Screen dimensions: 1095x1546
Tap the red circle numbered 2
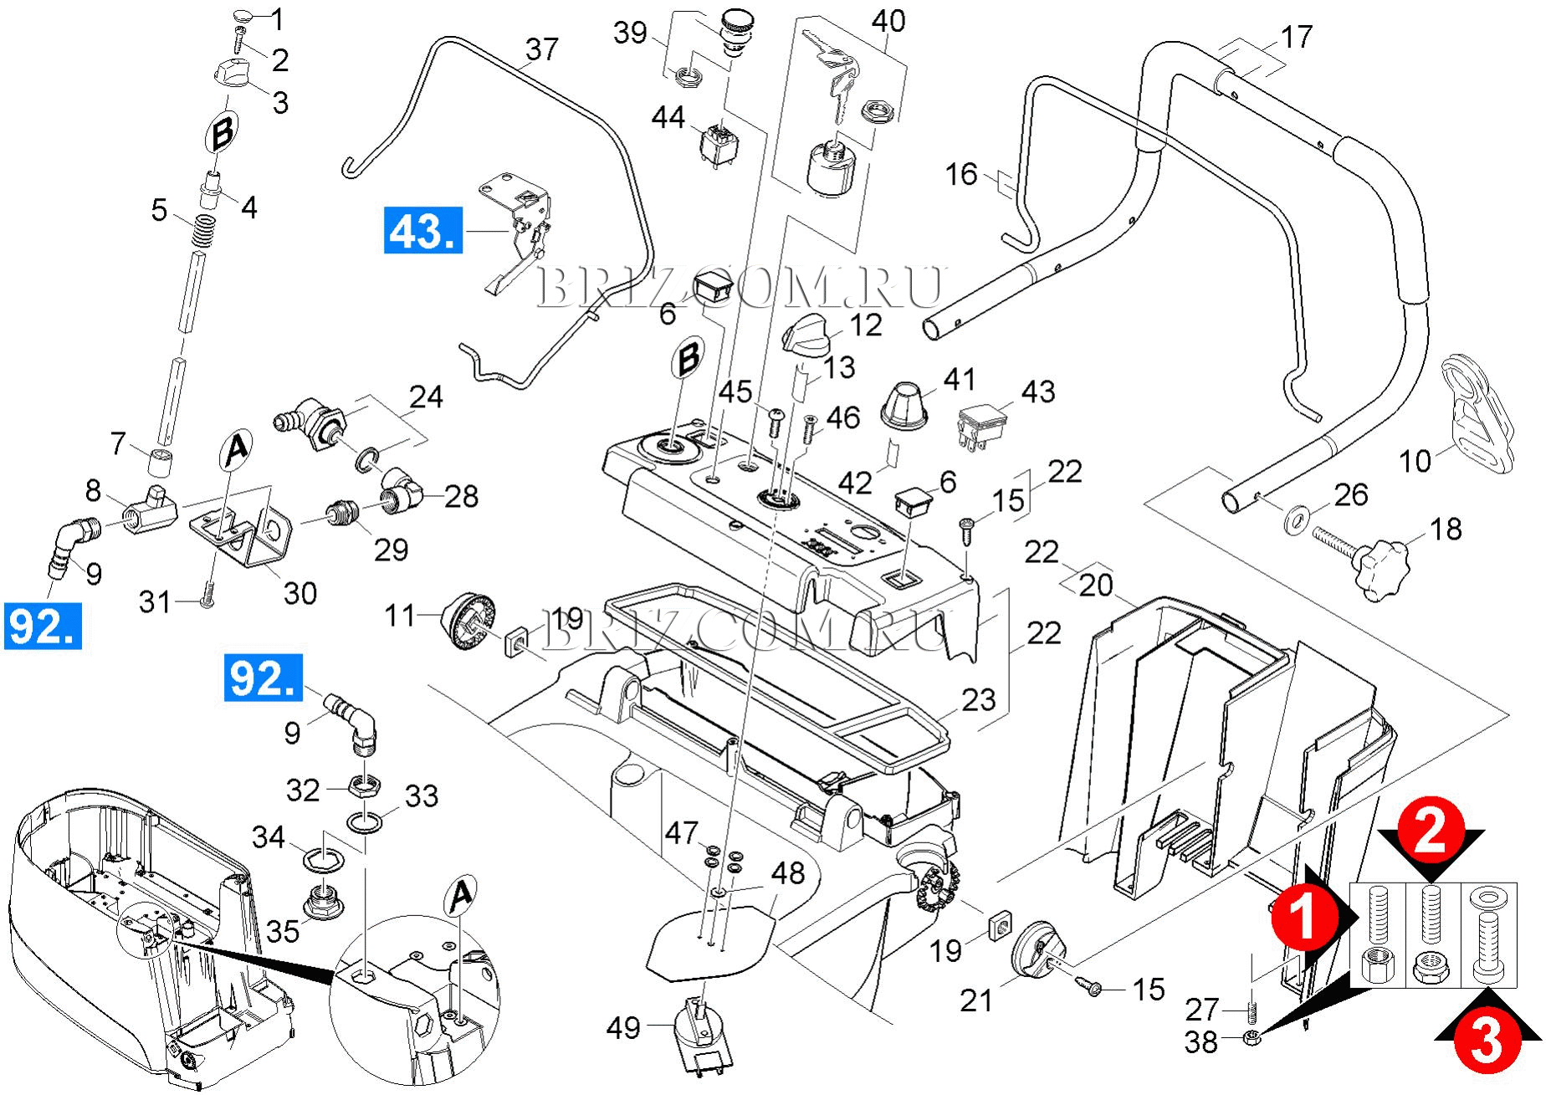click(x=1431, y=836)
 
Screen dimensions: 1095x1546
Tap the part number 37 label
click(x=540, y=49)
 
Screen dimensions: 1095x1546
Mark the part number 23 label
click(x=979, y=699)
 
